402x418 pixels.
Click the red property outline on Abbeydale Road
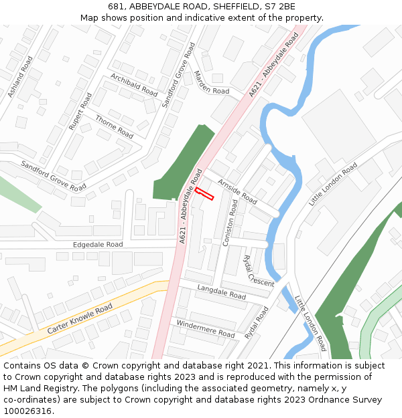[204, 194]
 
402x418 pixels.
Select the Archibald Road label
[134, 85]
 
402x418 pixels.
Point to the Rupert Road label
[80, 112]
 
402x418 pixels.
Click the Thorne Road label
[115, 126]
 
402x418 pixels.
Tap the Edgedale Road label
[98, 245]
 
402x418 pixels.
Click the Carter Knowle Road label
[80, 319]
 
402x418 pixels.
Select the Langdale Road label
[222, 291]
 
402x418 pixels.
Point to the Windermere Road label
[206, 328]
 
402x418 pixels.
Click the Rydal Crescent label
[258, 271]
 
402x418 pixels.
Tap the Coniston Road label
[230, 223]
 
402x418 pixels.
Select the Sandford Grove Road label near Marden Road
[179, 75]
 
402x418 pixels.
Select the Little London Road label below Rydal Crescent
[310, 324]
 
